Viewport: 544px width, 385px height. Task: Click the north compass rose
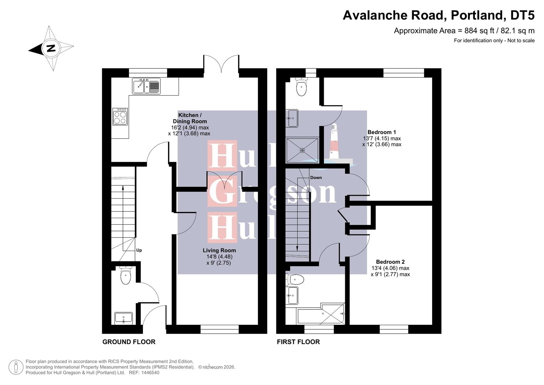tap(51, 48)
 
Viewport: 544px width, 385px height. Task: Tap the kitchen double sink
tap(146, 86)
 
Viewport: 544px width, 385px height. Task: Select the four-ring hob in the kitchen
tap(120, 117)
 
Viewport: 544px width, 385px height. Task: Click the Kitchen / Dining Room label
tap(190, 118)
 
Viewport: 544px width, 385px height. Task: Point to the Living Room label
tap(219, 250)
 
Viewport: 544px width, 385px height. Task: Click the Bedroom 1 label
tap(382, 132)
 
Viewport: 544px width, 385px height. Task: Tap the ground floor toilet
tap(125, 276)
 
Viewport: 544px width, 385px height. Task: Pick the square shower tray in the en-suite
tap(302, 150)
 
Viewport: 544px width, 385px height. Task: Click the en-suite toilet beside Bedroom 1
tap(301, 87)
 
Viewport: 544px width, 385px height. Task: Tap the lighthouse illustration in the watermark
tap(334, 142)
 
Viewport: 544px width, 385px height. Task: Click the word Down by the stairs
tap(316, 178)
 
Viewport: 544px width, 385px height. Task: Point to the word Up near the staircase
tap(139, 250)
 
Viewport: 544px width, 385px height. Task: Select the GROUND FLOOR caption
tap(129, 342)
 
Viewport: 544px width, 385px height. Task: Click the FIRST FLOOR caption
tap(298, 342)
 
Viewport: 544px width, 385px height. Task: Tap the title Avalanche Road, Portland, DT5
tap(438, 15)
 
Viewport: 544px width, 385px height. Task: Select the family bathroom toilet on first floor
tap(295, 279)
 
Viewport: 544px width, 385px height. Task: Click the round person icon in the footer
tap(16, 367)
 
